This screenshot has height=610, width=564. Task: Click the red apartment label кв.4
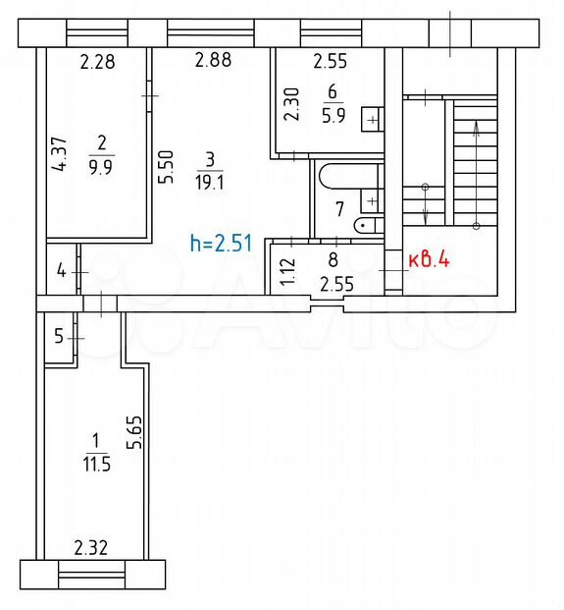[x=430, y=259]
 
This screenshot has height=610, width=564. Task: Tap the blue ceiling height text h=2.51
[x=222, y=244]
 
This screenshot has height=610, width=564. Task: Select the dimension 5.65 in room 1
[x=135, y=432]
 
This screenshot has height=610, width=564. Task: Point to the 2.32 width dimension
[x=91, y=548]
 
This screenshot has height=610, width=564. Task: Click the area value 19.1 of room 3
[x=210, y=182]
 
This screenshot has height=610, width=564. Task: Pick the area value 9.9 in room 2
[x=101, y=168]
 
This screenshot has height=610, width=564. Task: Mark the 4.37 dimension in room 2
[x=60, y=154]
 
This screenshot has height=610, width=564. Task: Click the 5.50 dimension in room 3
[x=166, y=167]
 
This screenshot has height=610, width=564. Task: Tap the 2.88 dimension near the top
[x=213, y=60]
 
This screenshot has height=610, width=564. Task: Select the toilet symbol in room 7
[x=368, y=225]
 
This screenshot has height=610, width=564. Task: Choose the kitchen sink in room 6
[x=372, y=120]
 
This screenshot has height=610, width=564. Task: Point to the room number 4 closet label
[x=62, y=270]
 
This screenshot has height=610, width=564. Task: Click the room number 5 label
[x=59, y=336]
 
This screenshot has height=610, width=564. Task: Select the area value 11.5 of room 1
[x=96, y=465]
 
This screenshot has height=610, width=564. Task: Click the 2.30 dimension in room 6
[x=291, y=104]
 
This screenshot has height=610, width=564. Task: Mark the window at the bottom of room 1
[x=91, y=575]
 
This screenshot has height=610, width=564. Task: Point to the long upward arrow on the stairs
[x=477, y=174]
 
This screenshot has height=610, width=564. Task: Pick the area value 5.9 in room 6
[x=333, y=115]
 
